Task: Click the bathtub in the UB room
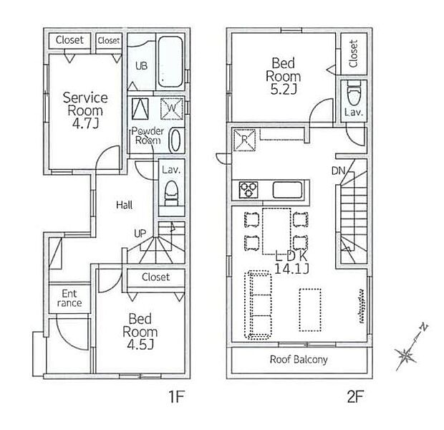[x=170, y=62]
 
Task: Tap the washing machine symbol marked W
[x=172, y=108]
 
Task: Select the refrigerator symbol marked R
[x=243, y=140]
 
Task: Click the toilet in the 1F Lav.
[x=172, y=193]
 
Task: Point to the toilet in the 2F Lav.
[x=354, y=93]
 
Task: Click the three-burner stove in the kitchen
[x=248, y=189]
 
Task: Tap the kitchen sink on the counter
[x=287, y=189]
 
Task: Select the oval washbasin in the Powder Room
[x=175, y=140]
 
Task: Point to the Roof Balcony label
[x=299, y=360]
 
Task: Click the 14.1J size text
[x=291, y=268]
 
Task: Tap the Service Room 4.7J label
[x=85, y=110]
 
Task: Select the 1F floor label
[x=177, y=396]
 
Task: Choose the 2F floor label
[x=355, y=396]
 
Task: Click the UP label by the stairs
[x=140, y=234]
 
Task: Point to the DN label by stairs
[x=339, y=171]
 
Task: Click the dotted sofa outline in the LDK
[x=259, y=305]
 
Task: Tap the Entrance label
[x=69, y=298]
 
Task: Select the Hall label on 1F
[x=125, y=205]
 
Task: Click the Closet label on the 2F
[x=354, y=54]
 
